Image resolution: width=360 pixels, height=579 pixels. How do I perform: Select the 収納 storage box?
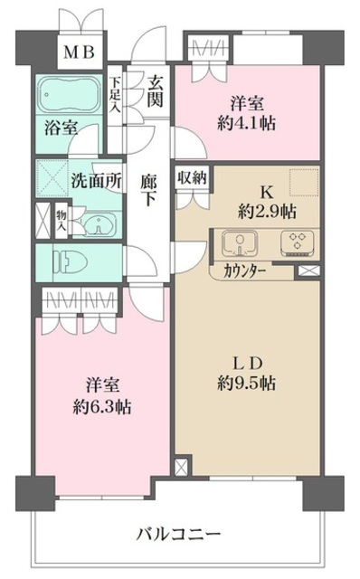pos(191,177)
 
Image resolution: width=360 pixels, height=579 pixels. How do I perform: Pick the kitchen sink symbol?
pos(237,242)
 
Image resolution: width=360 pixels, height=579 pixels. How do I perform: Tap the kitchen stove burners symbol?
pos(295,242)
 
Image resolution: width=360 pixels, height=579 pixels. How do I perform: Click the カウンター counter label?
pos(242,269)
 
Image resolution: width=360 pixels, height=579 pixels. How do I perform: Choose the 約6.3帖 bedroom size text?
pos(100,406)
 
